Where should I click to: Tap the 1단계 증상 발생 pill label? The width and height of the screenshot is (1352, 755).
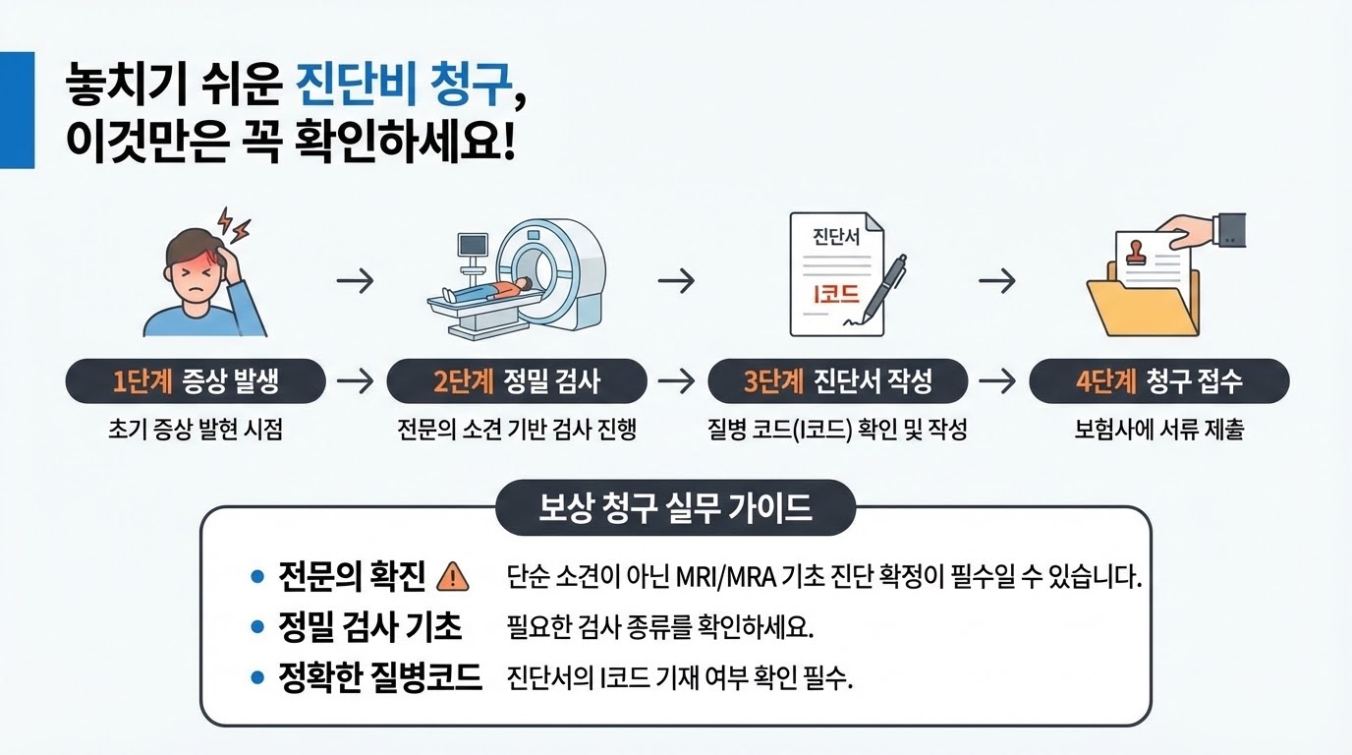coord(195,381)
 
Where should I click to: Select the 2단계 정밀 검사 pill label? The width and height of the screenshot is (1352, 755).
coord(517,381)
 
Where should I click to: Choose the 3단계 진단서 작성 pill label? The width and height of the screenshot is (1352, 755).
coord(837,381)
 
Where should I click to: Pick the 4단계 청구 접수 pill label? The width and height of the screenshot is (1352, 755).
coord(1158,381)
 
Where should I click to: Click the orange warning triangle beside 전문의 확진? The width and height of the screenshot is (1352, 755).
coord(452,576)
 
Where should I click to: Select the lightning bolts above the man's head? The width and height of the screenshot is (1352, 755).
coord(234,224)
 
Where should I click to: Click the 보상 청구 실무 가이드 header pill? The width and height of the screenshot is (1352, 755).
coord(676,507)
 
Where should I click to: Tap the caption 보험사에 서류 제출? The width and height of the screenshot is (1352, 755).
coord(1159,431)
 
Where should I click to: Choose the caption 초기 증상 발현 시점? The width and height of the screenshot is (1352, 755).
coord(195,431)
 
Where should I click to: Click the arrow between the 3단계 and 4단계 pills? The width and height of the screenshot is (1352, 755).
coord(997,381)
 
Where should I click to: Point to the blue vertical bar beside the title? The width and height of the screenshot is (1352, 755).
coord(17,109)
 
